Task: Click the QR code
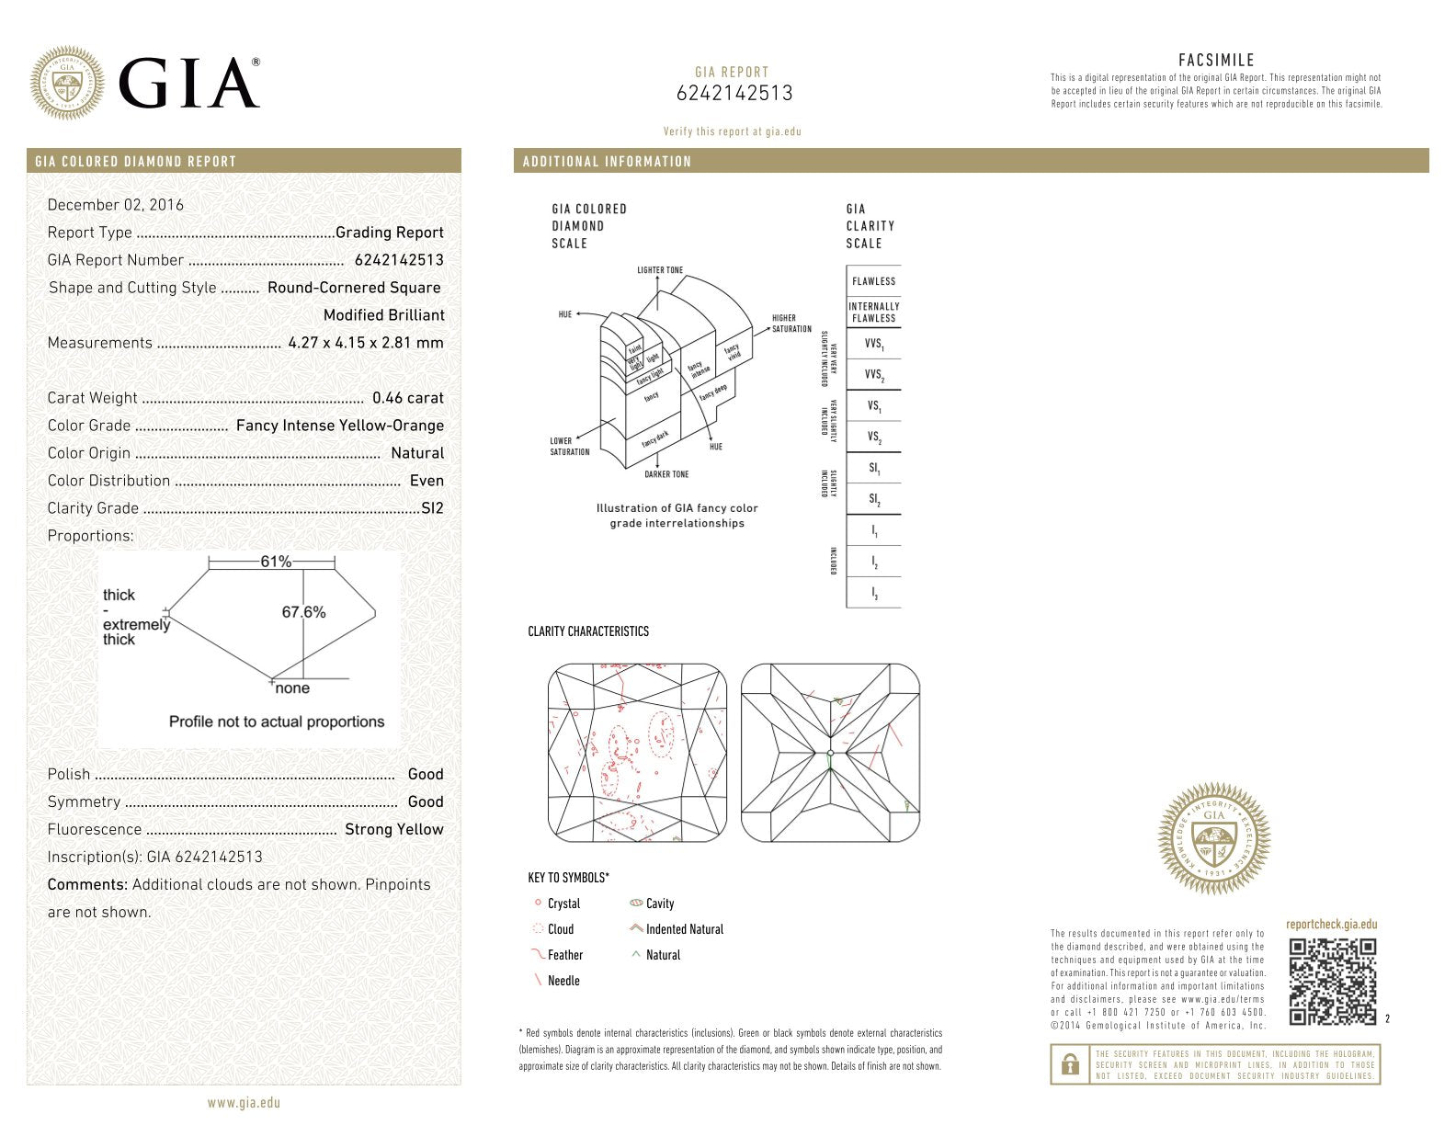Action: tap(1332, 982)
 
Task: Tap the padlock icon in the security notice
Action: tap(1070, 1064)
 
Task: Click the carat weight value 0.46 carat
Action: tap(407, 398)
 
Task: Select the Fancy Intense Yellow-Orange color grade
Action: tap(339, 426)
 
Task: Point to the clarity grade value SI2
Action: tap(432, 508)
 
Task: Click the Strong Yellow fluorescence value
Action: tap(393, 829)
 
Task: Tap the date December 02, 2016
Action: tap(116, 205)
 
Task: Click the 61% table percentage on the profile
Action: tap(276, 562)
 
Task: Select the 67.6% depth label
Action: tap(303, 612)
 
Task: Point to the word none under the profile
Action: tap(292, 688)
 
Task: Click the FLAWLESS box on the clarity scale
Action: tap(873, 281)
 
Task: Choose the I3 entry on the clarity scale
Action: tap(874, 594)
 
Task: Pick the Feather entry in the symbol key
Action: tap(564, 955)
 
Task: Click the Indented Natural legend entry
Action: tap(684, 929)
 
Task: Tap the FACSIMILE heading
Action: tap(1216, 61)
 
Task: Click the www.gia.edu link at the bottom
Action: tap(244, 1103)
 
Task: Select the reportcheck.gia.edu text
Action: tap(1331, 925)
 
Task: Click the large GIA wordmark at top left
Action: tap(188, 84)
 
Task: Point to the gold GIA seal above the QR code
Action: tap(1213, 838)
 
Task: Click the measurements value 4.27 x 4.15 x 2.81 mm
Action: tap(365, 343)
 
